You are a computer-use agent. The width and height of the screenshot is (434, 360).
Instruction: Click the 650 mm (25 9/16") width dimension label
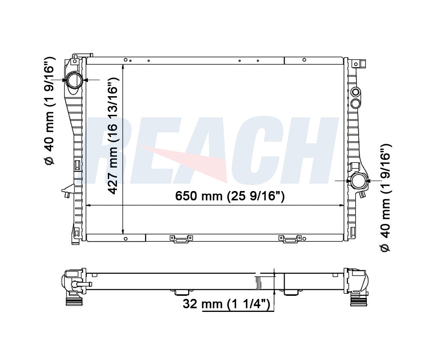230,196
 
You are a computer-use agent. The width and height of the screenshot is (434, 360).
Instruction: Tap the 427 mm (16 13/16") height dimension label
113,135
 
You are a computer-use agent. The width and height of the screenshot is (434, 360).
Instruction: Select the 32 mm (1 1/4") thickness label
226,304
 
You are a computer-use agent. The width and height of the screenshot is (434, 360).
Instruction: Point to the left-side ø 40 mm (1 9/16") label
50,111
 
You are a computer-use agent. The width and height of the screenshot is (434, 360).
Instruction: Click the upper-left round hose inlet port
74,80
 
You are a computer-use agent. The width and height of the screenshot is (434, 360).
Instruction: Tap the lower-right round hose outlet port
359,181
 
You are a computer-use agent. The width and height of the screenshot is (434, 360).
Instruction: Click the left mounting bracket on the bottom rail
181,239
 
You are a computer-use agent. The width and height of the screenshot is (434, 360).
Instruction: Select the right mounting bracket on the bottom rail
290,239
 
